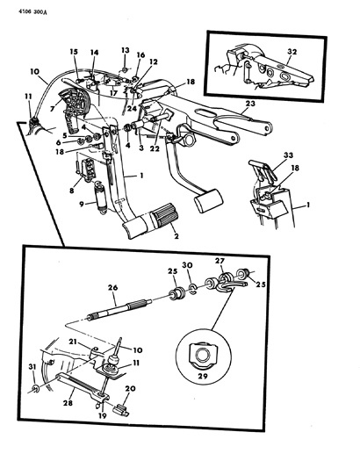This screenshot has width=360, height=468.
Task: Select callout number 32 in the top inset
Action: [292, 52]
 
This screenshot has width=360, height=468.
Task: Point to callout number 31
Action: [32, 366]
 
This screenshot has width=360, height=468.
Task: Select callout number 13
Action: [126, 50]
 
